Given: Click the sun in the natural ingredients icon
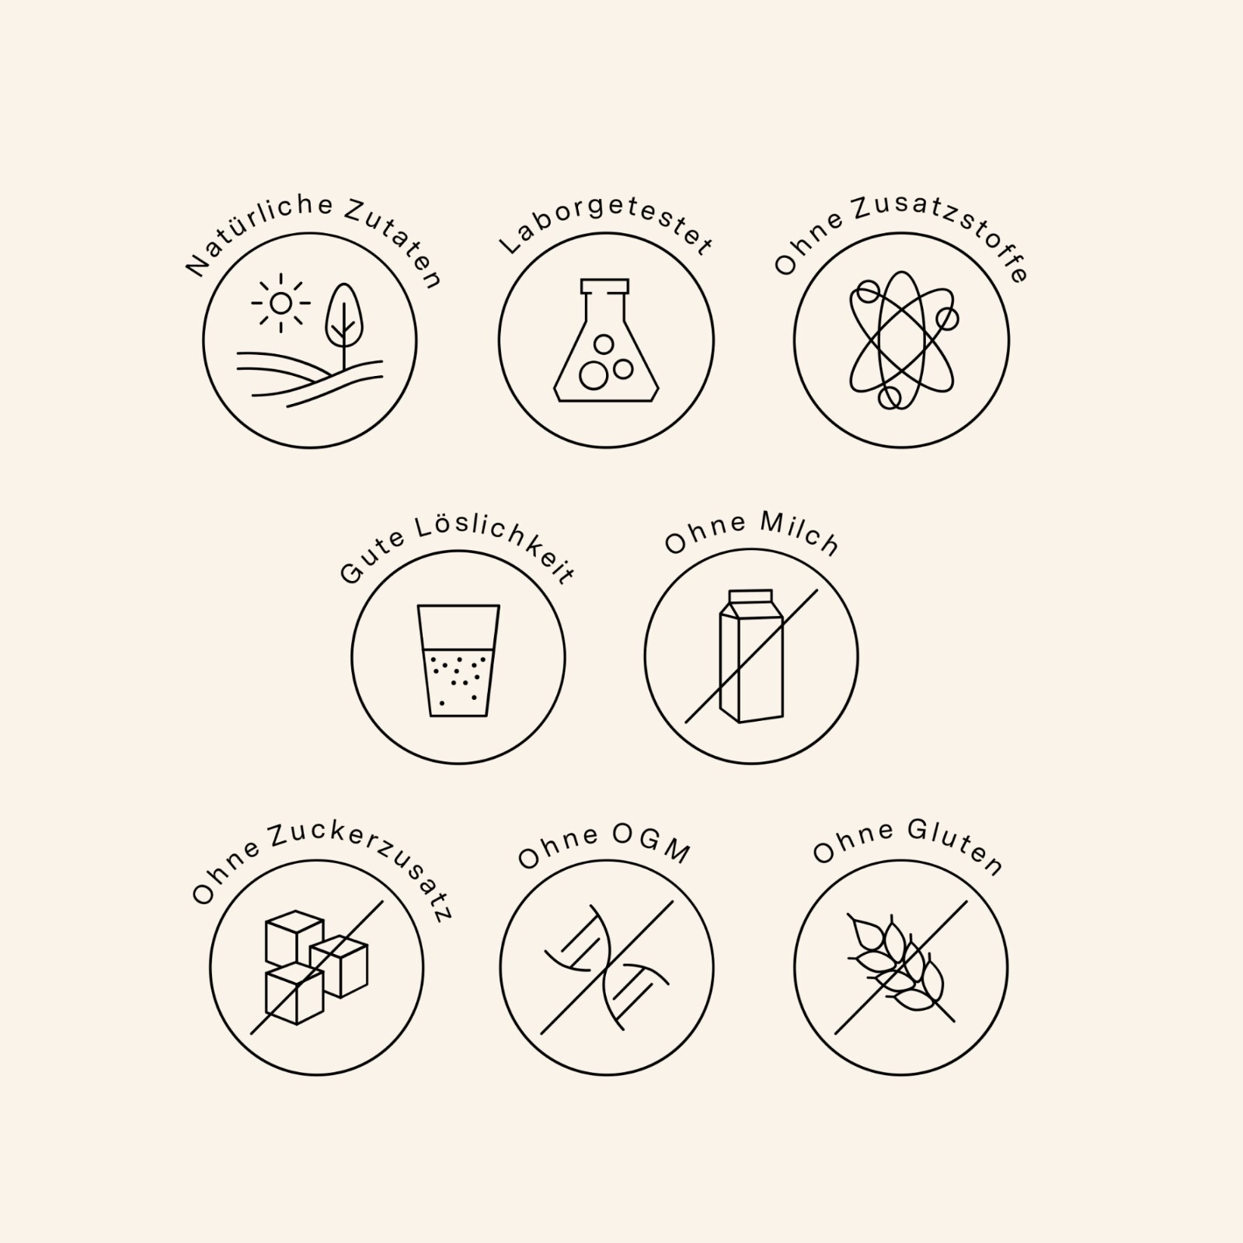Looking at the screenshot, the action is coord(280,303).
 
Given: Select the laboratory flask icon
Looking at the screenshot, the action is coord(606,340).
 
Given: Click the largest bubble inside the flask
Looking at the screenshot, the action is coord(594,376).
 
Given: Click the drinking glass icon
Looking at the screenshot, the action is coord(458,660).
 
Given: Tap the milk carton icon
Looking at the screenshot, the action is coord(751,656).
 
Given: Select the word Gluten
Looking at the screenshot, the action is coord(955,848).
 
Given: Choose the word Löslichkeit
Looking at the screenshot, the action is coord(495,548).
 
